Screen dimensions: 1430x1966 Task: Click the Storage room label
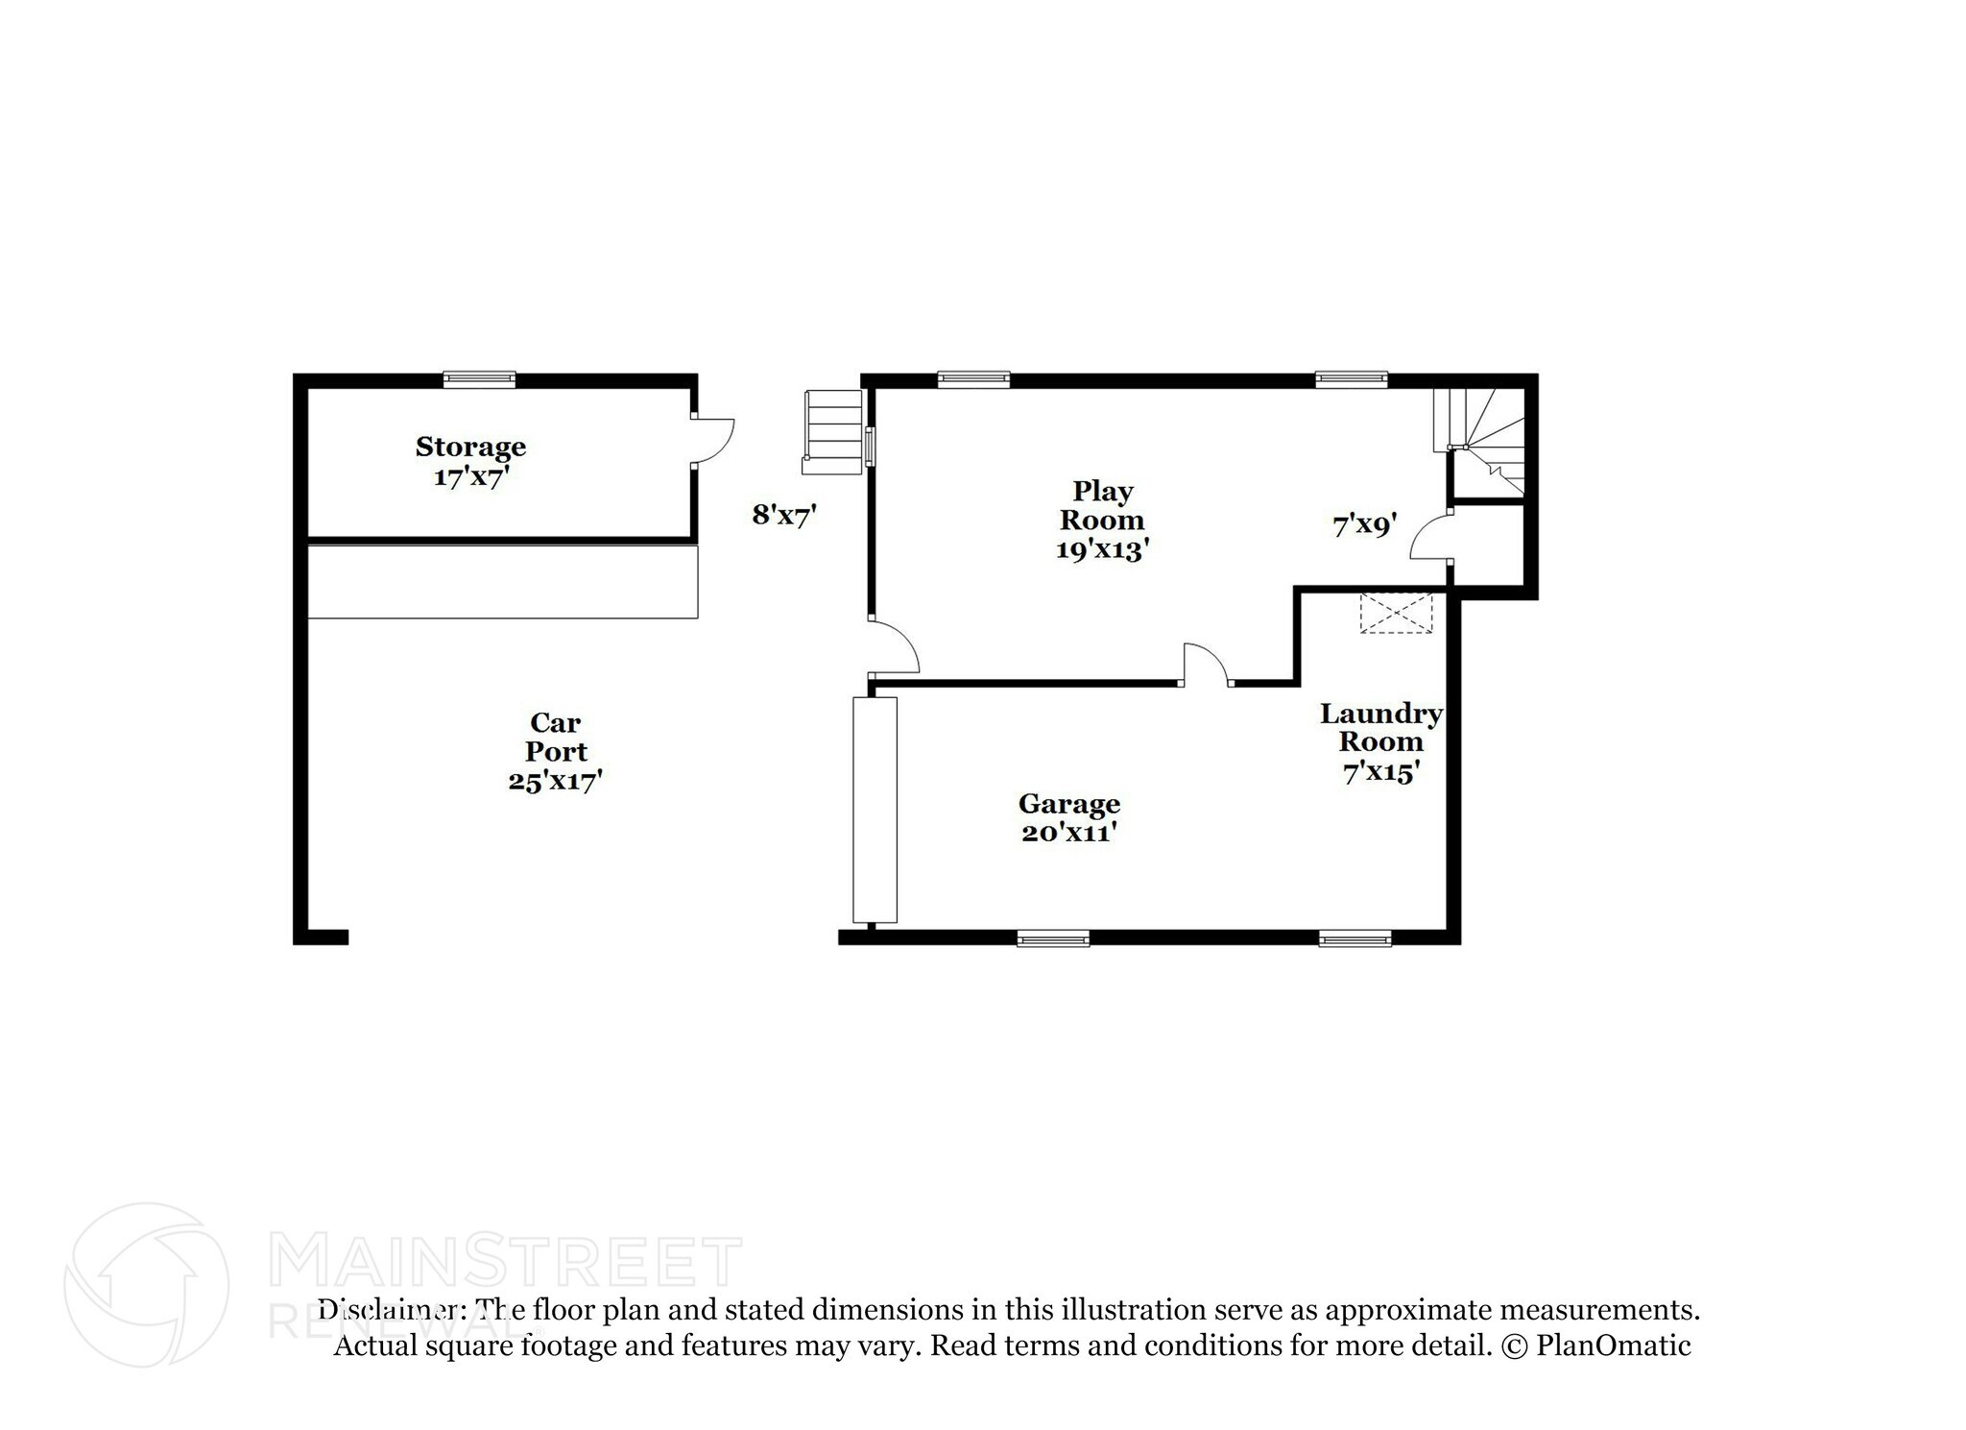tap(470, 447)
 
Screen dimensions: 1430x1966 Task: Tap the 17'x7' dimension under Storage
tap(469, 477)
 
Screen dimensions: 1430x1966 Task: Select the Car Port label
tap(555, 737)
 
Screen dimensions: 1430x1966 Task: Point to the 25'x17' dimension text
tap(555, 781)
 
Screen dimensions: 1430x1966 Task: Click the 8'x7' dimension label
tap(783, 516)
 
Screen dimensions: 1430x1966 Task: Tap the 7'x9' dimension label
tap(1364, 525)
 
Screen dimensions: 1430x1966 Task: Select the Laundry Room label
tap(1380, 728)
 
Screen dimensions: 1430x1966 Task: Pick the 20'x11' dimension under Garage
tap(1068, 833)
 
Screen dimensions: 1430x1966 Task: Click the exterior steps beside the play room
tap(833, 432)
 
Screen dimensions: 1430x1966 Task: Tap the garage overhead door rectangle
tap(875, 810)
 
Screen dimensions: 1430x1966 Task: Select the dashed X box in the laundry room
tap(1396, 614)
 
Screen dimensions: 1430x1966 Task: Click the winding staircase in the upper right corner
tap(1486, 442)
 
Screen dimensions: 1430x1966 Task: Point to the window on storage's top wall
tap(479, 380)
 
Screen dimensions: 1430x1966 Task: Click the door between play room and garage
tap(1206, 666)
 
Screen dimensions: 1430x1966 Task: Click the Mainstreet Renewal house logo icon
tap(147, 1284)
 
